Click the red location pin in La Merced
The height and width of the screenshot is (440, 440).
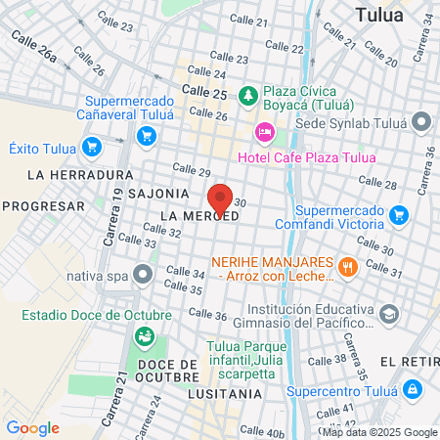[220, 199]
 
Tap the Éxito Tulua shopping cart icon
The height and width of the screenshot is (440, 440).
[92, 148]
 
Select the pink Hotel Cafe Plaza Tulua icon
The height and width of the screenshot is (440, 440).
[263, 132]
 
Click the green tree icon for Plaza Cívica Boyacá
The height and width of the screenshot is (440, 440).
[250, 95]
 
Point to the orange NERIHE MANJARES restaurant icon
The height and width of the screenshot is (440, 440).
[345, 266]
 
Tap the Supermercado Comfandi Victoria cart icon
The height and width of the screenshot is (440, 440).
[398, 214]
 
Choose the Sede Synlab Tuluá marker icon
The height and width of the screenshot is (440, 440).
[421, 122]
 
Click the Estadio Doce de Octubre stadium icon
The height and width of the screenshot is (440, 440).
[144, 336]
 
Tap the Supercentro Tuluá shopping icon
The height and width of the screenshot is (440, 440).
[414, 389]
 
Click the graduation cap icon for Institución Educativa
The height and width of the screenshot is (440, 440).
[389, 315]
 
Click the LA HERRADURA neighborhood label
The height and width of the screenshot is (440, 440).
[66, 175]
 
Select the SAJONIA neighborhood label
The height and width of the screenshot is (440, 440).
[155, 194]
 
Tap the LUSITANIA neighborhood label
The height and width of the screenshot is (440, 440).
[228, 393]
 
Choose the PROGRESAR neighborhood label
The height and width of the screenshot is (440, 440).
[43, 205]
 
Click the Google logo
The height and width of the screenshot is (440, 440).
[33, 427]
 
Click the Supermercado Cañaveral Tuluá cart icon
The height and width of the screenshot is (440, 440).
[147, 136]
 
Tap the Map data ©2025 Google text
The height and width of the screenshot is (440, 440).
[380, 432]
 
